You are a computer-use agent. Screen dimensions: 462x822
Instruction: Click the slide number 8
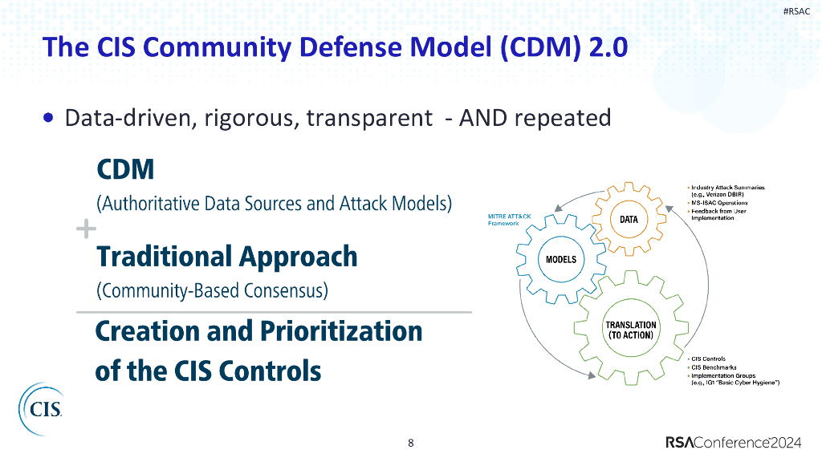tap(411, 443)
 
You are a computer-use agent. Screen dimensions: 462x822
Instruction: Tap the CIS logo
tap(41, 409)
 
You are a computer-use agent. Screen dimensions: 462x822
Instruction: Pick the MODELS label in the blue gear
tap(561, 260)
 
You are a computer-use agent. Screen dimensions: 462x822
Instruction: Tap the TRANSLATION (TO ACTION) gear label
tap(630, 330)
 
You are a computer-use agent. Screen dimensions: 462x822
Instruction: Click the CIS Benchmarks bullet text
tap(714, 367)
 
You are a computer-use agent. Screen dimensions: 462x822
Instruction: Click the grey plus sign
tap(85, 229)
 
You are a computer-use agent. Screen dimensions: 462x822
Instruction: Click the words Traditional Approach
tap(226, 257)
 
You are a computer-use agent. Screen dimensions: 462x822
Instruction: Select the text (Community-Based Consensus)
tap(212, 290)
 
